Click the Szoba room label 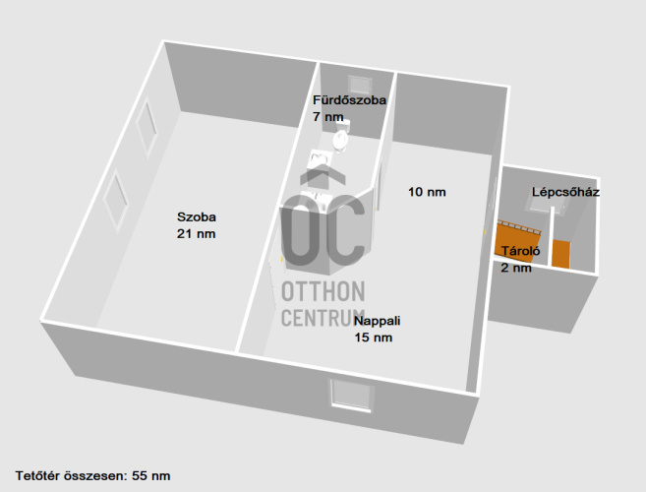(x=196, y=217)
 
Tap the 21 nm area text (x=196, y=233)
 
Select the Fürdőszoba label (x=349, y=100)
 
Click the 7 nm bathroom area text (x=328, y=116)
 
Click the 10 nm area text (x=427, y=192)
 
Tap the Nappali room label (x=379, y=322)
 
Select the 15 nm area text (x=374, y=338)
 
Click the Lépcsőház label (x=565, y=192)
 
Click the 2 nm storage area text (x=515, y=268)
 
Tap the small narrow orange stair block (x=559, y=253)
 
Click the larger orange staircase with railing (x=518, y=238)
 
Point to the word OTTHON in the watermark (x=323, y=293)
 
